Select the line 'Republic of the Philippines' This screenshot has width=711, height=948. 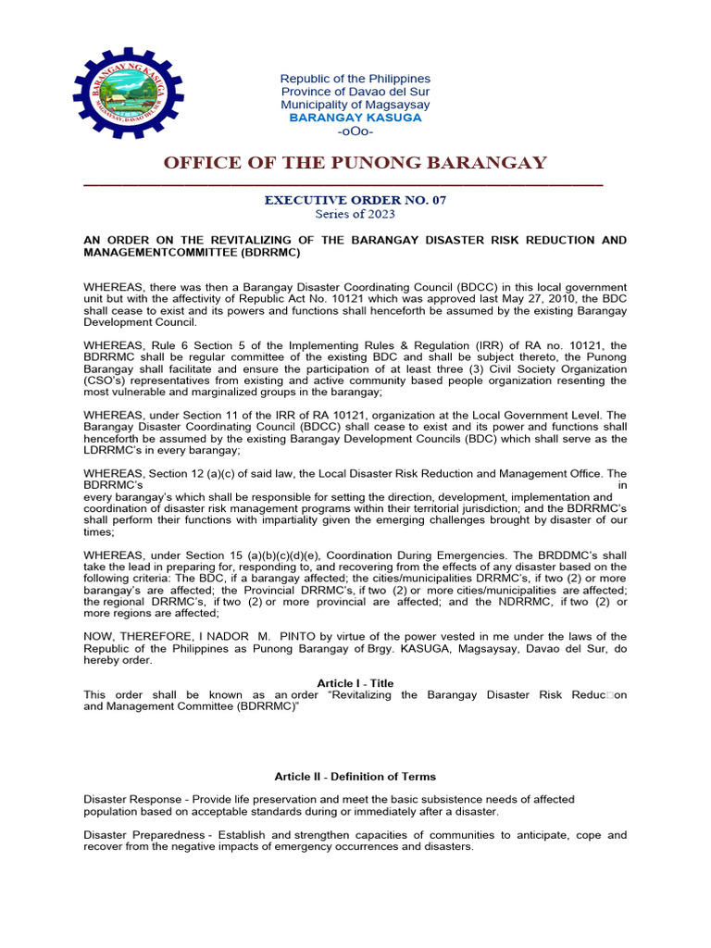click(355, 79)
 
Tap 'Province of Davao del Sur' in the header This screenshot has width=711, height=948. click(355, 92)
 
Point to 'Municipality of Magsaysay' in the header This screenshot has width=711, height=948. click(355, 105)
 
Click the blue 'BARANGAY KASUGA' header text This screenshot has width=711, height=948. click(355, 118)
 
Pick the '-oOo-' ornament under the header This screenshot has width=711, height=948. click(355, 131)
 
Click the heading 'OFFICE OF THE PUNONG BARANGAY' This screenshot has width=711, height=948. click(355, 164)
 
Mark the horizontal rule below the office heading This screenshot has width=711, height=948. click(343, 185)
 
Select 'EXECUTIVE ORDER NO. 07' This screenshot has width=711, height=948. click(355, 199)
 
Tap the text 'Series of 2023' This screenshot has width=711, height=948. click(355, 214)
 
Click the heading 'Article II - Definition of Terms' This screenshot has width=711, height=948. click(355, 776)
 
